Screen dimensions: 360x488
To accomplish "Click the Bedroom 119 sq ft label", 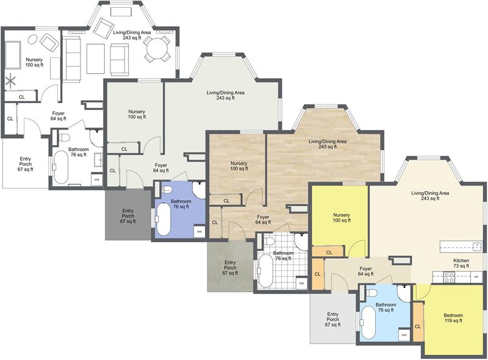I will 453,318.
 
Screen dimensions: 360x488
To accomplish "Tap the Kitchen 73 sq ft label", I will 461,263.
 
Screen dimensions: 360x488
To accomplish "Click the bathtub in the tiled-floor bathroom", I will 264,270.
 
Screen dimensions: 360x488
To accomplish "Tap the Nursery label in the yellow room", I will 341,218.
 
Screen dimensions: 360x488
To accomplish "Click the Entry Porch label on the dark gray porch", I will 127,216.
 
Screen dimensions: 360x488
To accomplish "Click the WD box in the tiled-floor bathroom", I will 301,283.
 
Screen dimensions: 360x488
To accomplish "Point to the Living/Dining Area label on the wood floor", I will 328,143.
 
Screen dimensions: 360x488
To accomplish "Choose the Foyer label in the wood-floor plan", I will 263,220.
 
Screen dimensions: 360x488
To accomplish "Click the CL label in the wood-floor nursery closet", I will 226,200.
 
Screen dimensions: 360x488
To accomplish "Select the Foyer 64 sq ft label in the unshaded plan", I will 58,116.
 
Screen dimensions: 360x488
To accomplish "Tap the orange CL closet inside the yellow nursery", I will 329,251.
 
